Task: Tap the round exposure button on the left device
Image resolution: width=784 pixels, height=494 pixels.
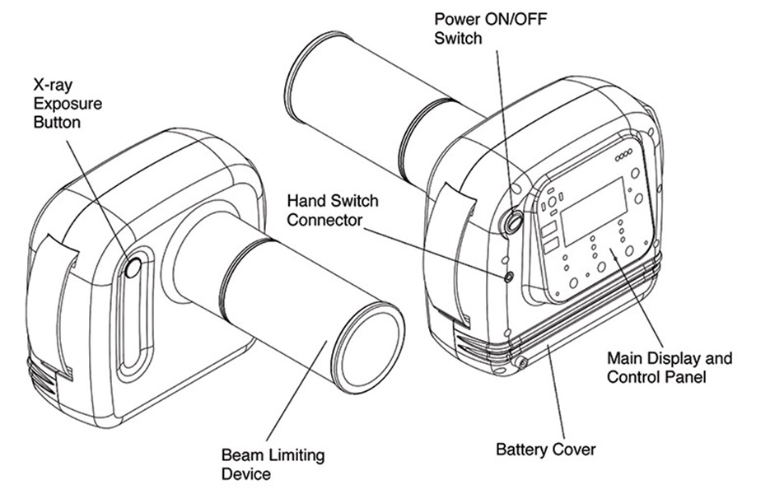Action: pos(133,267)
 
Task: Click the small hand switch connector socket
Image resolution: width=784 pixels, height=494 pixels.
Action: pos(509,277)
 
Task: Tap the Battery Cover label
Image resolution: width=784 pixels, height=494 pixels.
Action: pos(545,450)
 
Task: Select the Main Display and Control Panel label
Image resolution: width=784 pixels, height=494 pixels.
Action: pos(669,368)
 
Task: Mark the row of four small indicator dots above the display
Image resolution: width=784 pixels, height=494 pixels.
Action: pos(623,154)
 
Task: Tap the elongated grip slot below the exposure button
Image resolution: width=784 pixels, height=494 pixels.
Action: pos(131,321)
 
